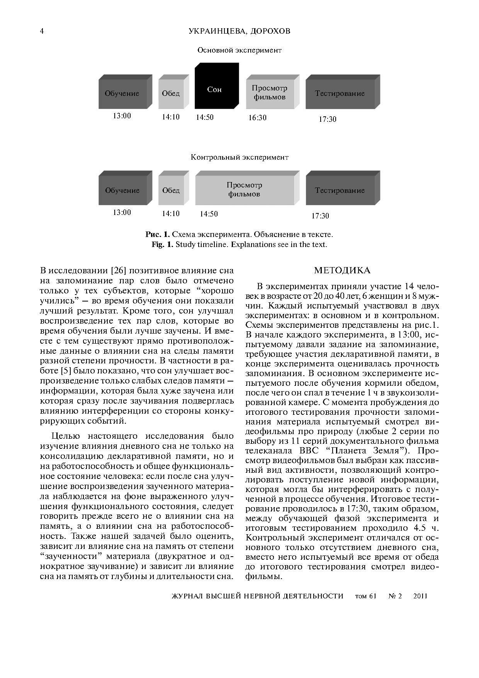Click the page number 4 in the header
42,31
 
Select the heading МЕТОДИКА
342,270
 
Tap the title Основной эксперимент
239,50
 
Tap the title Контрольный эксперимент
239,157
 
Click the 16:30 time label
257,118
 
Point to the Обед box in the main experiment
171,94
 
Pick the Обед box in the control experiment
171,190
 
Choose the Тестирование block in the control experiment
340,190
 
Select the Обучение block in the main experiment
122,94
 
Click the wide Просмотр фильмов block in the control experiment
244,189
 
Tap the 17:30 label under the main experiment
327,119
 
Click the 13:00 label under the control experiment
122,212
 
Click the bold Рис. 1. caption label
158,235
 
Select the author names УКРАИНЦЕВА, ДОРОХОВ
239,31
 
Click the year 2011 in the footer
420,596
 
